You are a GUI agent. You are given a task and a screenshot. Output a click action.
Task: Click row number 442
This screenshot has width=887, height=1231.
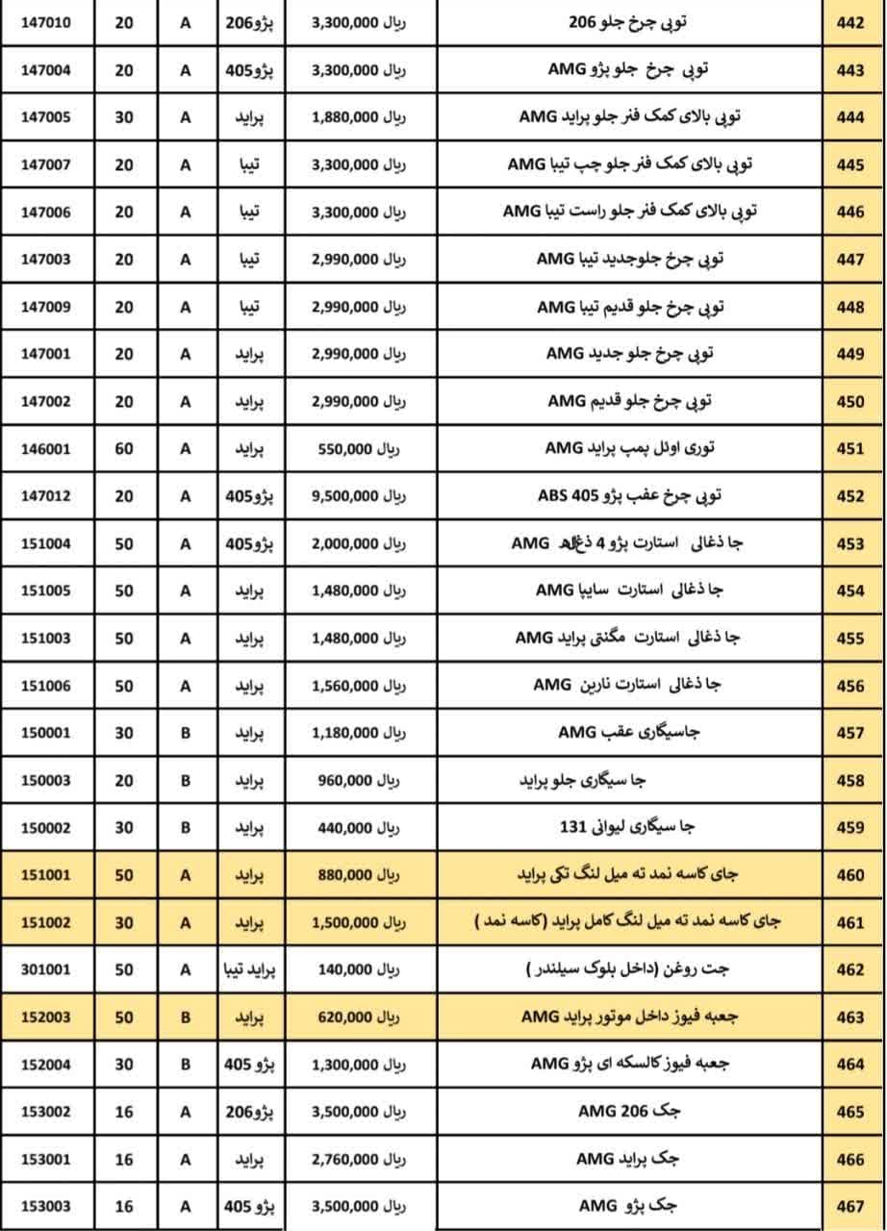850,22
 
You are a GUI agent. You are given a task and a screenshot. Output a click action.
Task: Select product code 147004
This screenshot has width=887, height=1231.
46,69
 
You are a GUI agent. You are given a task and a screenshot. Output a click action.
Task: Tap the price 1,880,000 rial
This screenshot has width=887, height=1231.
359,117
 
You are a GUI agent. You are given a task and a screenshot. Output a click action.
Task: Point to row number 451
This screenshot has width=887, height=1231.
850,448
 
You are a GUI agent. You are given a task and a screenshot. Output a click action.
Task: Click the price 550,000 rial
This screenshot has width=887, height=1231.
359,448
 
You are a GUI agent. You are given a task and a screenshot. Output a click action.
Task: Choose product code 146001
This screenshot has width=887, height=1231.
46,448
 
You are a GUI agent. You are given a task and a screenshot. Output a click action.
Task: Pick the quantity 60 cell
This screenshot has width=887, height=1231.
124,448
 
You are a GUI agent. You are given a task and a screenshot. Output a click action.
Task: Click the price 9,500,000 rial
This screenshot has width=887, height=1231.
359,496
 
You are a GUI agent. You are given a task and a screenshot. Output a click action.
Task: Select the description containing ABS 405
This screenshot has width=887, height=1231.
629,496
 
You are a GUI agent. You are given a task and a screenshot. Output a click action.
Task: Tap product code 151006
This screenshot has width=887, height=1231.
46,686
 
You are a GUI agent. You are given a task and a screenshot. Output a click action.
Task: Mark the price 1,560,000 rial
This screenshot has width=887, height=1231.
359,686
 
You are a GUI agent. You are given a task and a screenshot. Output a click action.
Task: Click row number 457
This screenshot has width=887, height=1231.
850,733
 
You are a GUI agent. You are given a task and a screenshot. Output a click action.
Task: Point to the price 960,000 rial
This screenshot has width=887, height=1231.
359,780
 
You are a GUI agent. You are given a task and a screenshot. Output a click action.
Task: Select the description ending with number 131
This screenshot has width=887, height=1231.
627,827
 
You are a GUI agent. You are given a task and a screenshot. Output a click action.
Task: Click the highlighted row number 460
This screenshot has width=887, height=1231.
850,875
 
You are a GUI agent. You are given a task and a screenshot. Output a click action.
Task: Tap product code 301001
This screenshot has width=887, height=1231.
46,969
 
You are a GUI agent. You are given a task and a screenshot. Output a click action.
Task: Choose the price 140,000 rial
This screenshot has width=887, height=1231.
359,969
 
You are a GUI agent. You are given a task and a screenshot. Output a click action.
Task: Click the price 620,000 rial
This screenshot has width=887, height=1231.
359,1017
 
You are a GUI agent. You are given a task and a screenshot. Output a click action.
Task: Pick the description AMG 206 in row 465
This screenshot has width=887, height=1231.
629,1112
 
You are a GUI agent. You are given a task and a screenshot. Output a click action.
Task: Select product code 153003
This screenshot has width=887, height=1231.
46,1206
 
